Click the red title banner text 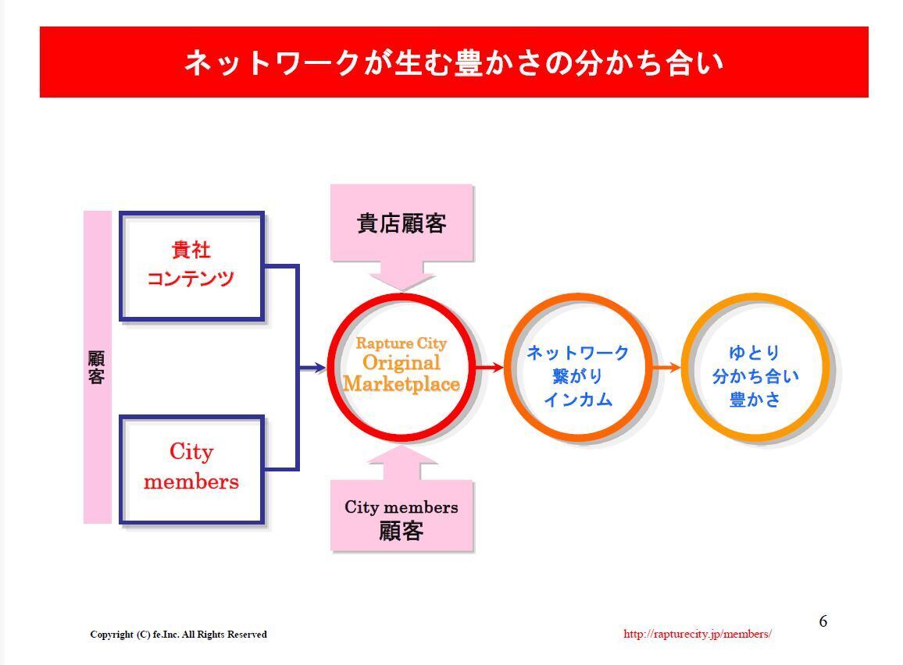click(x=453, y=62)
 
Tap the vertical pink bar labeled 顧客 click(x=98, y=367)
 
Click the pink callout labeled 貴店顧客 click(x=402, y=224)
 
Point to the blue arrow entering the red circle click(x=312, y=368)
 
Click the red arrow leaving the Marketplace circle click(x=490, y=367)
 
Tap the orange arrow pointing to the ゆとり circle click(x=667, y=367)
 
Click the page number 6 click(x=823, y=621)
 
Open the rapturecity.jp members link click(x=698, y=634)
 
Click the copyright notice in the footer click(x=179, y=634)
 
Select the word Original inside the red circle click(x=402, y=362)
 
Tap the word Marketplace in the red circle click(x=402, y=384)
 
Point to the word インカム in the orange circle click(x=578, y=399)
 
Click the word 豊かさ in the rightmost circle click(x=755, y=399)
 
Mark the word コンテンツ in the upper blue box click(x=191, y=279)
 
